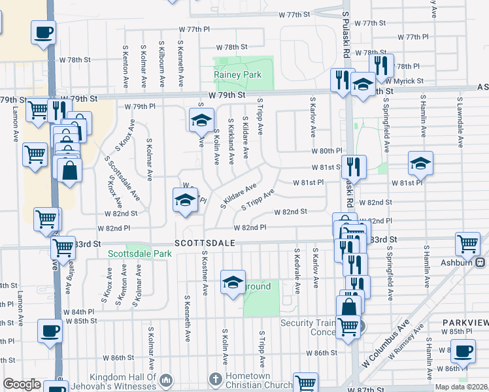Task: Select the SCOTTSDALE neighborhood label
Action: pos(204,242)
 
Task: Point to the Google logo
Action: pos(22,384)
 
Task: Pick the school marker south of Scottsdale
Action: pos(233,282)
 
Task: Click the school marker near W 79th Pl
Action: pos(201,120)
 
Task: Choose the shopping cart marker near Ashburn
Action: pos(467,244)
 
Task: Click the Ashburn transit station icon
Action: pos(481,263)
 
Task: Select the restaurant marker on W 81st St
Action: pos(354,166)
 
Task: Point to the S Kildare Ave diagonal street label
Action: pos(238,195)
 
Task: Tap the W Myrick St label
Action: pos(405,81)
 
